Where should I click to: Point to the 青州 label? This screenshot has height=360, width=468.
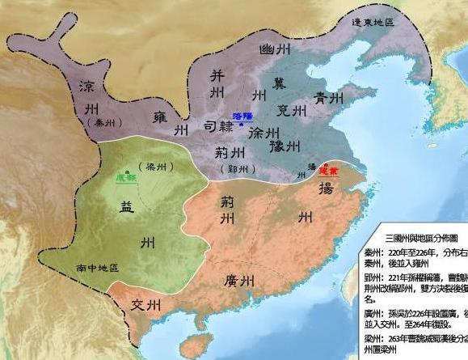click(332, 101)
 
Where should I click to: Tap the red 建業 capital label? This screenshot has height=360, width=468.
click(327, 171)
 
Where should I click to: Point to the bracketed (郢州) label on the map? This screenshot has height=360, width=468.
click(238, 168)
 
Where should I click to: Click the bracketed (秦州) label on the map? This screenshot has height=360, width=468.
click(97, 122)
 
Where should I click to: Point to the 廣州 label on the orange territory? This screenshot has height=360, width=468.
click(241, 281)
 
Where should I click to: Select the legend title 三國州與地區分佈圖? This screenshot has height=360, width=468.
click(420, 238)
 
